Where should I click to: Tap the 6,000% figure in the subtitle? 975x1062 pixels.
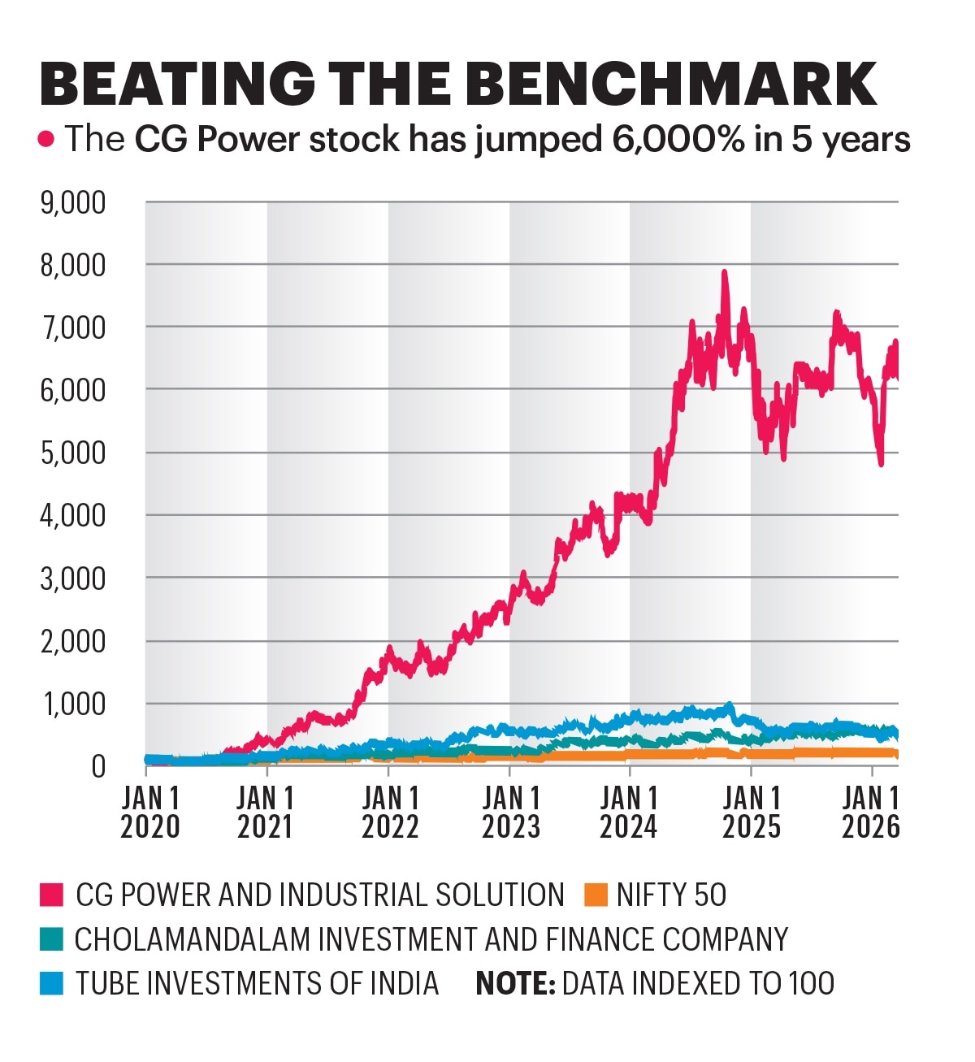(x=674, y=140)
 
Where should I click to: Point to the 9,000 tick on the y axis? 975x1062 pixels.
(x=73, y=203)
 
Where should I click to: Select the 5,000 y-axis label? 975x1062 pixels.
(x=73, y=453)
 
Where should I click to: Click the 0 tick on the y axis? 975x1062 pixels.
(x=98, y=765)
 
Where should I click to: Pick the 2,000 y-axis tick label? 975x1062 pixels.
(x=73, y=641)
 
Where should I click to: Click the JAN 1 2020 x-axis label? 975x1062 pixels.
(x=150, y=812)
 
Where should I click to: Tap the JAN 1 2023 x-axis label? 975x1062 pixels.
(x=511, y=812)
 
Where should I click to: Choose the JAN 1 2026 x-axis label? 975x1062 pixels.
(x=871, y=812)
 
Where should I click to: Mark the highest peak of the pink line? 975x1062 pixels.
(x=724, y=273)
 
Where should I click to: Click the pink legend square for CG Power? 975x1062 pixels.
(x=51, y=895)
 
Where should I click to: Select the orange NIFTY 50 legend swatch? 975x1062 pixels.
(x=596, y=895)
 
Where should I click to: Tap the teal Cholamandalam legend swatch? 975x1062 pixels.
(x=51, y=939)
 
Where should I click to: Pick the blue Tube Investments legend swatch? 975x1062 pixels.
(x=51, y=983)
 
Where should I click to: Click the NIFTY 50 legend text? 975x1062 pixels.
(x=671, y=895)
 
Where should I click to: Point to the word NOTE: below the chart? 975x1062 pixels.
(x=515, y=983)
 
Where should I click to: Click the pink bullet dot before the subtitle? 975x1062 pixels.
(x=46, y=140)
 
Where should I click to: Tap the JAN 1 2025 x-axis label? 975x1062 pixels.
(x=752, y=812)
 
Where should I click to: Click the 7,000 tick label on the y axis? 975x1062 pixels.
(x=73, y=328)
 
